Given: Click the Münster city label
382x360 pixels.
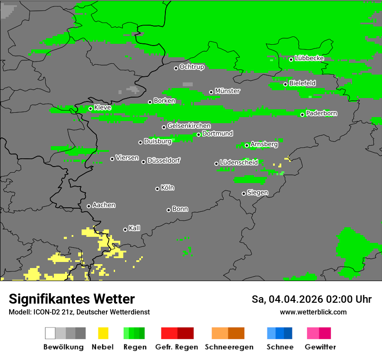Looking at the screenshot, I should (x=227, y=91).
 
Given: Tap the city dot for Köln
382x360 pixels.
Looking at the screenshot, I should (x=157, y=189).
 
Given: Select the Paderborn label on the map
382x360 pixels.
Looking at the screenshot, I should (x=321, y=113).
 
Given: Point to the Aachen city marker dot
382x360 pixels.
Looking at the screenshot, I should (x=89, y=206).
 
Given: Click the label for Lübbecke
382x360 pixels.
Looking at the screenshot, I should (x=309, y=58).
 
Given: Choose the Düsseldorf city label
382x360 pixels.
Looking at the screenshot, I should (x=164, y=160).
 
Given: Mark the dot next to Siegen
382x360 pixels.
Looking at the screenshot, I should (x=244, y=193).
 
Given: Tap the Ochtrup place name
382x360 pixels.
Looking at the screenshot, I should (x=191, y=67).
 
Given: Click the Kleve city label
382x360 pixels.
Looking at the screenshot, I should (x=102, y=108).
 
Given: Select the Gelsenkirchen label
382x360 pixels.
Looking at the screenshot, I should (x=189, y=126).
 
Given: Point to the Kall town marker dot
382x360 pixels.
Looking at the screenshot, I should (x=125, y=229).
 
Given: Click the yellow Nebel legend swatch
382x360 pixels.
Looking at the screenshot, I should (x=103, y=333).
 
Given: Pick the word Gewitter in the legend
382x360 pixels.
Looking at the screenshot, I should (x=320, y=347).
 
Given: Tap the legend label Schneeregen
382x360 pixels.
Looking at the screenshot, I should (x=228, y=347).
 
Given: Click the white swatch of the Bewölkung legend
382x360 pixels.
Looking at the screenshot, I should (x=50, y=333).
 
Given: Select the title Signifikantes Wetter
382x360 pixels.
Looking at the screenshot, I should (x=72, y=299).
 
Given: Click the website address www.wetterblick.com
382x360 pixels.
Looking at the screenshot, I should (x=313, y=312).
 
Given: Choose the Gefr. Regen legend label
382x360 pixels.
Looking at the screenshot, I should (x=177, y=347).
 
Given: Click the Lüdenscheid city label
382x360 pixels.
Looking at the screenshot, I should (x=239, y=162).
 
